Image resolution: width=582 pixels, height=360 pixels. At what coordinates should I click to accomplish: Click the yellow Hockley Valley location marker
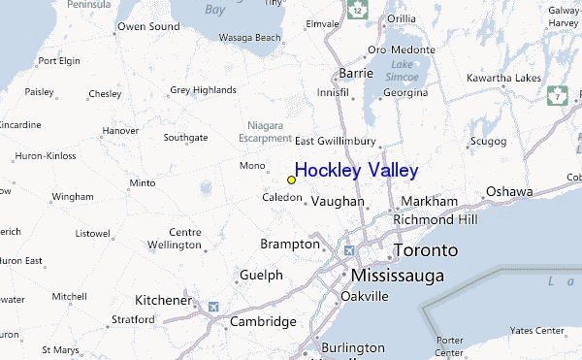pyautogui.click(x=291, y=180)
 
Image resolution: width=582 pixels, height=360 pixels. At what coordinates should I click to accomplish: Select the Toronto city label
pyautogui.click(x=426, y=250)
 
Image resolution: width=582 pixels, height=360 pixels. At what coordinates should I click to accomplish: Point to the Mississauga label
pyautogui.click(x=398, y=276)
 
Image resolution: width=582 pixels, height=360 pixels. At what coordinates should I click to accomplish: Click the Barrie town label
pyautogui.click(x=356, y=73)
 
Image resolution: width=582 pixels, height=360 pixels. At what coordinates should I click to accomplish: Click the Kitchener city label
pyautogui.click(x=162, y=300)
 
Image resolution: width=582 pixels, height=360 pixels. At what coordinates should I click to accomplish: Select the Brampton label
pyautogui.click(x=289, y=244)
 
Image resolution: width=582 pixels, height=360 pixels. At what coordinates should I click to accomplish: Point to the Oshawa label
pyautogui.click(x=509, y=191)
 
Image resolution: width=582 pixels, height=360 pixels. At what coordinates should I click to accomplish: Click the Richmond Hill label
pyautogui.click(x=436, y=220)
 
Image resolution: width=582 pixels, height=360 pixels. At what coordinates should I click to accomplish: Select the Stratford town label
pyautogui.click(x=134, y=318)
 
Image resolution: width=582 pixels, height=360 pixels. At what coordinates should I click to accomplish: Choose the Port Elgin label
pyautogui.click(x=58, y=60)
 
